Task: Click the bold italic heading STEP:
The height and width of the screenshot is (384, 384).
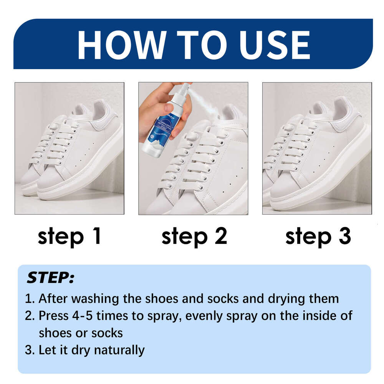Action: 50,278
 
